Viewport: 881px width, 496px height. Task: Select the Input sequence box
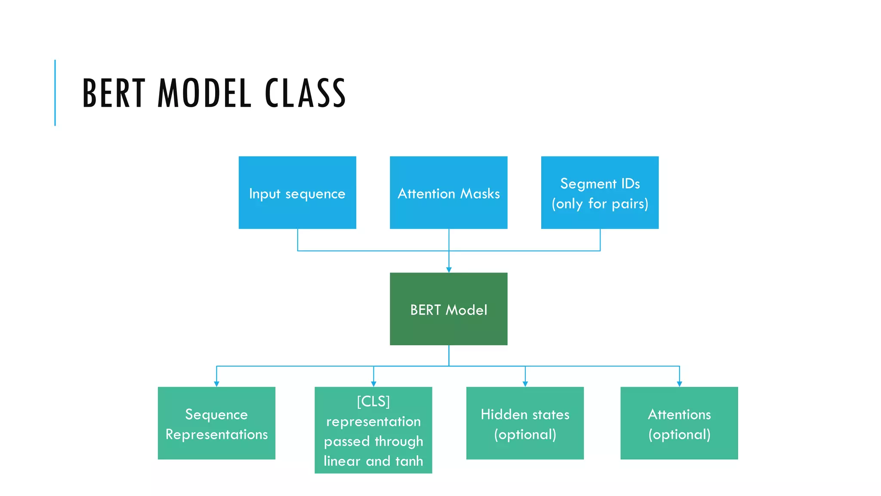(x=297, y=192)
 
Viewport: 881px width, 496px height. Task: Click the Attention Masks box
(x=448, y=192)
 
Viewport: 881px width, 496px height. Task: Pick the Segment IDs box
(x=600, y=192)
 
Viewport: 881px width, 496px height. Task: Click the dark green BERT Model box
(x=448, y=309)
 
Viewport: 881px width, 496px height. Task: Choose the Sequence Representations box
(x=216, y=423)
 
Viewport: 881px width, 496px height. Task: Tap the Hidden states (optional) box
(x=525, y=423)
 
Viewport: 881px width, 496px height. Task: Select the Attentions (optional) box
(x=679, y=423)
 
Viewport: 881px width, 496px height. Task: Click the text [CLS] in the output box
(x=373, y=401)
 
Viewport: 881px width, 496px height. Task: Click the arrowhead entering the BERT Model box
(x=449, y=270)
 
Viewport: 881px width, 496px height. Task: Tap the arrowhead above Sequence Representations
(x=216, y=384)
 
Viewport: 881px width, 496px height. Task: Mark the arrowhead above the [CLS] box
(x=373, y=384)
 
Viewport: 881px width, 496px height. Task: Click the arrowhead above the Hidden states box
(x=525, y=384)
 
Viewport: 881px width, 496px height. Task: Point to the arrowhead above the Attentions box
(x=679, y=384)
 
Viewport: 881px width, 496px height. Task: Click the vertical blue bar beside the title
(x=55, y=93)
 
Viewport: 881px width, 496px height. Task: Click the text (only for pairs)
(x=600, y=204)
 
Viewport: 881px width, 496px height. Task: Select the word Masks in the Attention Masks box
(x=480, y=194)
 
